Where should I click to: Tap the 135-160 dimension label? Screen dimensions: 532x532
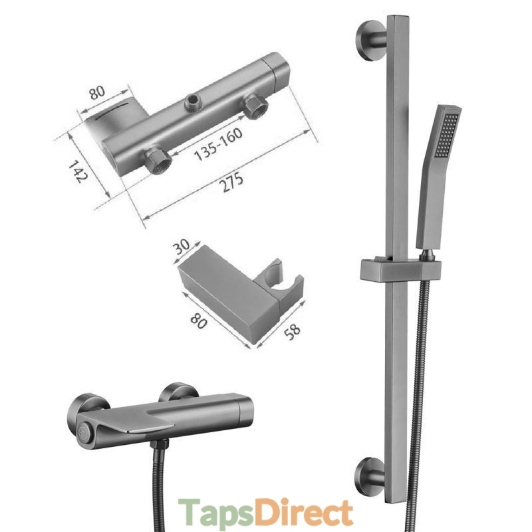[x=219, y=144]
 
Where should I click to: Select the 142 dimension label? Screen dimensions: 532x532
[x=78, y=172]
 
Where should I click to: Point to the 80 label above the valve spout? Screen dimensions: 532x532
[x=97, y=92]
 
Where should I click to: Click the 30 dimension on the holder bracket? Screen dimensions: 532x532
[x=182, y=247]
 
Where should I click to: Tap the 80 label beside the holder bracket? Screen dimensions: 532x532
[x=198, y=321]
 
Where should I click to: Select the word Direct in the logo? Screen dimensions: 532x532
[x=305, y=511]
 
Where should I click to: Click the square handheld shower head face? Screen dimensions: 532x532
[x=447, y=135]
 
